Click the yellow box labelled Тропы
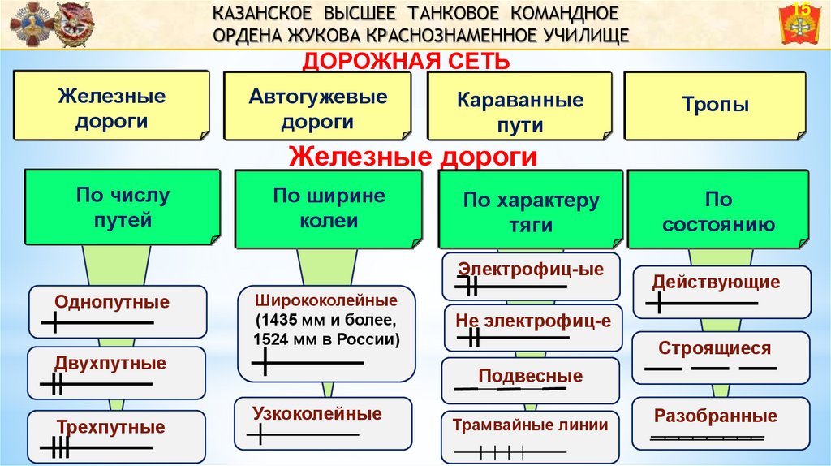click(715, 106)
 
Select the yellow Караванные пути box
click(519, 112)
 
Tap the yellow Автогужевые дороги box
click(317, 109)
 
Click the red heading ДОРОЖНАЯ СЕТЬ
click(406, 61)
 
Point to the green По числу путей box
click(123, 208)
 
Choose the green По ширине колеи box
click(328, 208)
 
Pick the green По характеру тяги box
click(531, 211)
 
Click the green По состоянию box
click(718, 211)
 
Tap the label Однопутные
click(112, 302)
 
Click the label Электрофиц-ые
click(531, 270)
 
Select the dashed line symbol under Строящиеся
click(710, 368)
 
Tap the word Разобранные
click(715, 416)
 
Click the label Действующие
click(716, 283)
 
